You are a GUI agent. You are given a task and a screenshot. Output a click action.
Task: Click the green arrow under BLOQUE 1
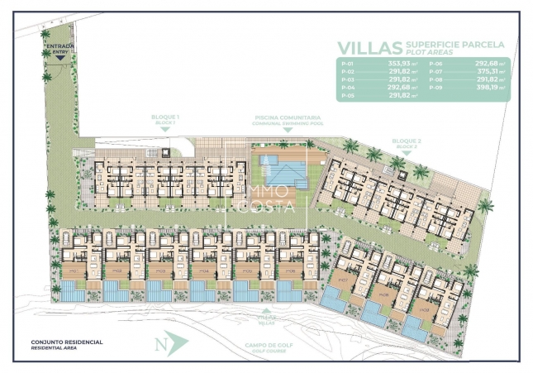tap(165, 130)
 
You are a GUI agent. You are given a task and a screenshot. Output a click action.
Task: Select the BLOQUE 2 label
tap(406, 142)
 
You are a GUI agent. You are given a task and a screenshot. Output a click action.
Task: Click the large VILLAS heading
tap(369, 48)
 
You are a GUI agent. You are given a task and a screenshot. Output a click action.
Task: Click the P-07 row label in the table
tap(435, 72)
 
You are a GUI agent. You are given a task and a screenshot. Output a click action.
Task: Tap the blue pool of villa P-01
tap(71, 291)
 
